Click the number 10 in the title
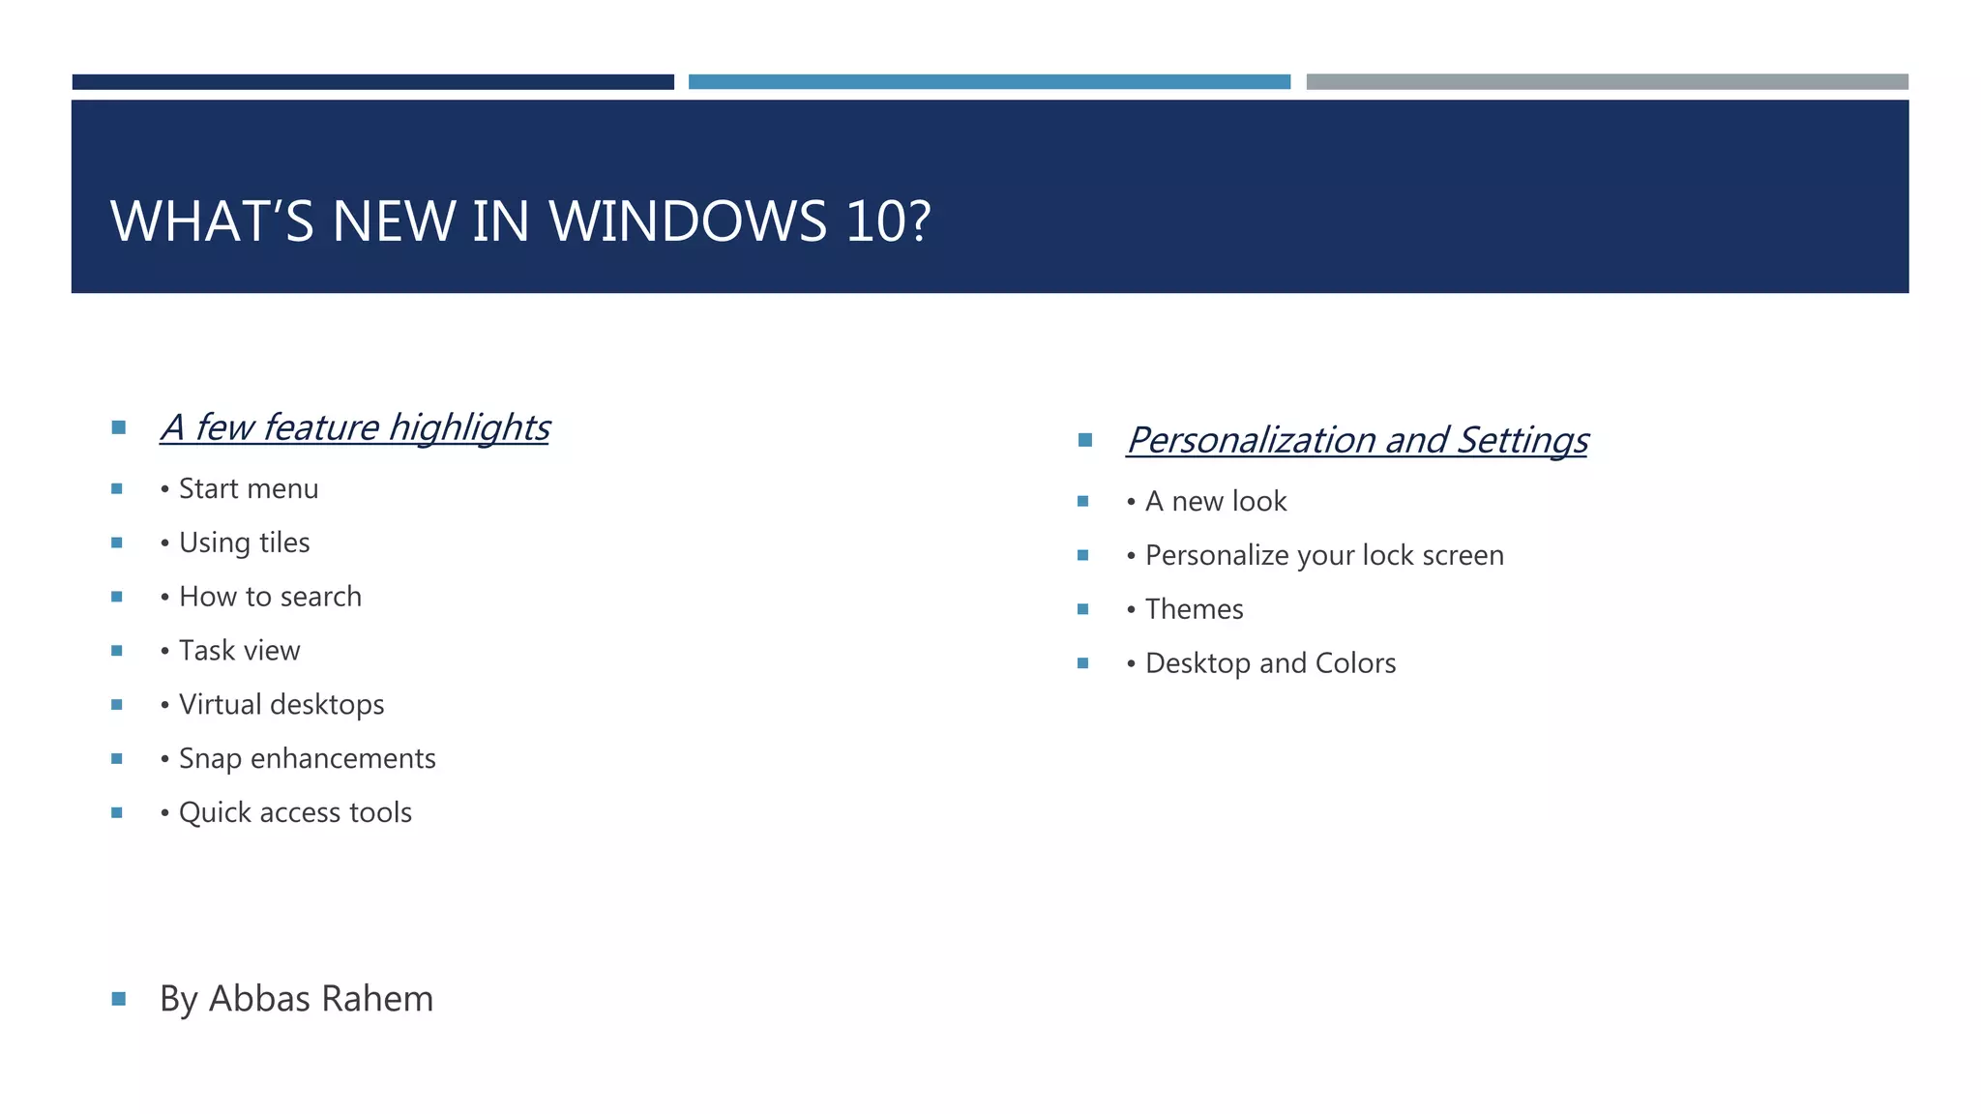(875, 221)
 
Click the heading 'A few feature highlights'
(355, 427)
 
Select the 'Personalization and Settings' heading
(1357, 440)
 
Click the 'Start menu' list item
(249, 489)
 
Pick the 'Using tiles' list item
(244, 543)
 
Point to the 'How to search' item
(270, 597)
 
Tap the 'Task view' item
(239, 651)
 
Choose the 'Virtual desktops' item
(281, 705)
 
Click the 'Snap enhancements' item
(307, 759)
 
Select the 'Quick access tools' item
(295, 813)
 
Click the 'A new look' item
(1216, 502)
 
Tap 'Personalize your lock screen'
(1324, 556)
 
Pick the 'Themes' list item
(1194, 610)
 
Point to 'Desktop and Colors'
(1270, 664)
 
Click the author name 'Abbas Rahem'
(321, 999)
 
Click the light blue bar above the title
(989, 82)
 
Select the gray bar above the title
(1607, 82)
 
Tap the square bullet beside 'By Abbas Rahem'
(119, 999)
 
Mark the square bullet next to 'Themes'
(1083, 609)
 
